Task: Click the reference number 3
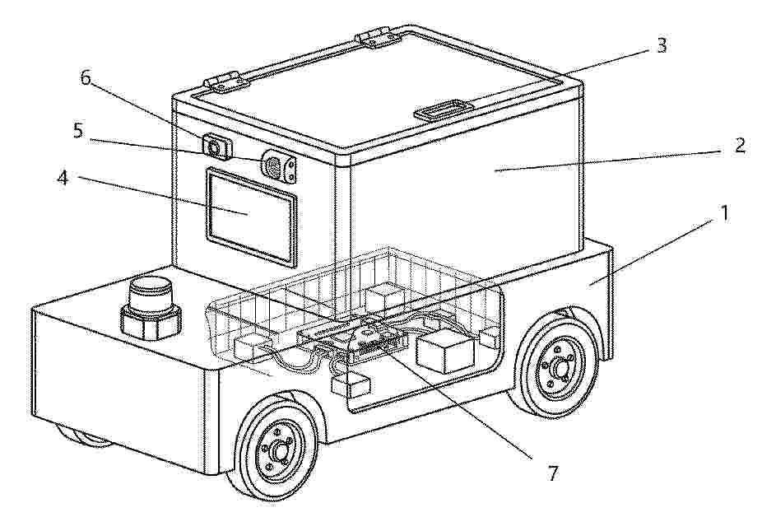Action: point(661,45)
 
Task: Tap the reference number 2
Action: point(739,146)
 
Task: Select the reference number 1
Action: point(724,213)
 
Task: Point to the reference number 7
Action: point(553,473)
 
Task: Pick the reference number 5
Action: point(78,130)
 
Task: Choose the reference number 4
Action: point(63,178)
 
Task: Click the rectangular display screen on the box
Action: point(251,216)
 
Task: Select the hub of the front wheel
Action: point(278,451)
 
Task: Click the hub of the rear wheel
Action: point(561,370)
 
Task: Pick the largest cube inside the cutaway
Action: point(446,352)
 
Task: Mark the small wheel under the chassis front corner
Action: point(85,435)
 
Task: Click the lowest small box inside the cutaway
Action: point(351,385)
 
